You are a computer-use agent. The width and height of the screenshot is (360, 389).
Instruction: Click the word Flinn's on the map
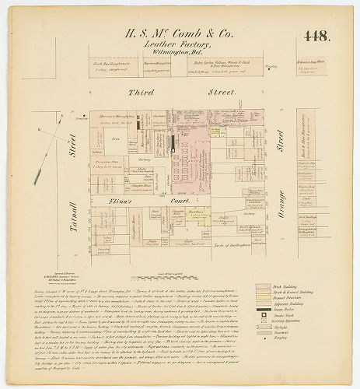(119, 201)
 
